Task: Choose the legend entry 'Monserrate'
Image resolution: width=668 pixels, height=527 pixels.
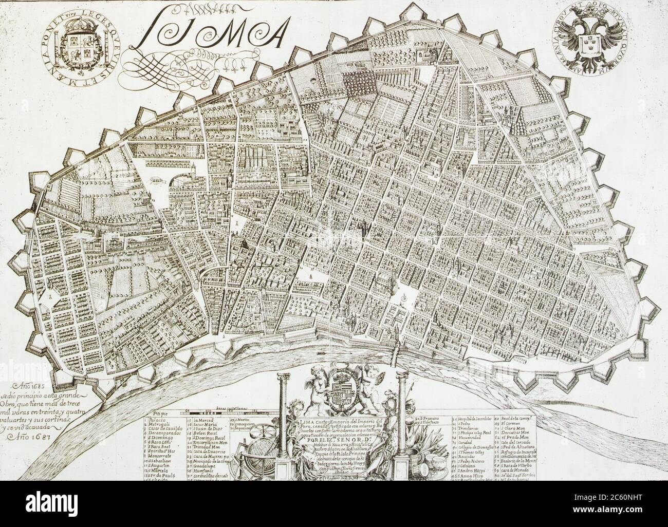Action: click(x=161, y=454)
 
